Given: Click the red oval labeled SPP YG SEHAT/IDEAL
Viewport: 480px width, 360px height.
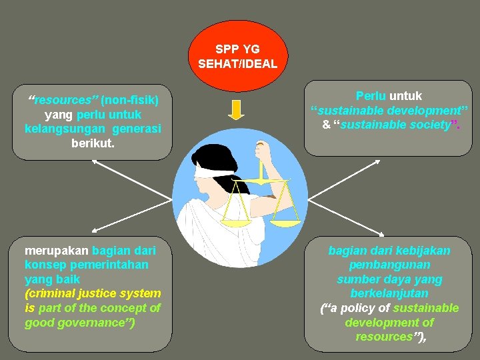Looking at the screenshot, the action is point(238,56).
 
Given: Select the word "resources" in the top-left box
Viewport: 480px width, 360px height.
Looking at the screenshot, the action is point(63,100).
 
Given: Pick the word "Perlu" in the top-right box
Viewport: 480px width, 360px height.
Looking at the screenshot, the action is point(371,96).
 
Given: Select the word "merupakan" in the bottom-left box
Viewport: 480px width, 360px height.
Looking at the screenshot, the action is point(57,251).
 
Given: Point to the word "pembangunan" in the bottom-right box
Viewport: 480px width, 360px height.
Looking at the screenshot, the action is point(389,265).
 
